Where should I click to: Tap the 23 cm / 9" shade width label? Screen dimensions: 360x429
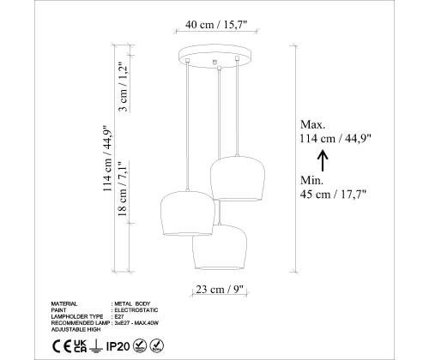[215, 288]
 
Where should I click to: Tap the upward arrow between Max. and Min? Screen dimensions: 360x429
[323, 160]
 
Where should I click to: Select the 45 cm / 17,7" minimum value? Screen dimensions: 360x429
[335, 195]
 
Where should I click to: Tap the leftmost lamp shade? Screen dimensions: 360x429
[185, 213]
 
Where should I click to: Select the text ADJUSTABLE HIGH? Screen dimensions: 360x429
[76, 327]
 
